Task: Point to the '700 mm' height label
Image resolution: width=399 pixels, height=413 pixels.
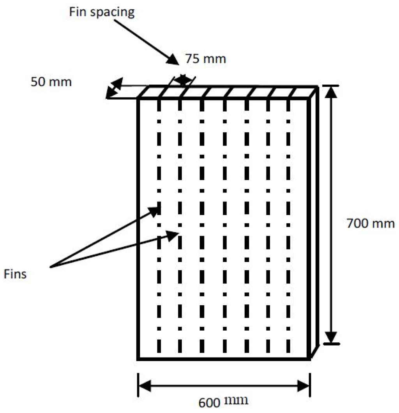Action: (x=371, y=224)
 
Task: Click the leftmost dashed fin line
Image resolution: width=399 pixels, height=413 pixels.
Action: (x=159, y=226)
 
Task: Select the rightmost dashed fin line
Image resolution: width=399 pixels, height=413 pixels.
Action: (x=288, y=226)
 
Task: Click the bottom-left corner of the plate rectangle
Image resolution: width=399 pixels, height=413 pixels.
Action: (x=139, y=358)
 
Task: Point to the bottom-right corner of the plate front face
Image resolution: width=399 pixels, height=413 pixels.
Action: (x=310, y=358)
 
